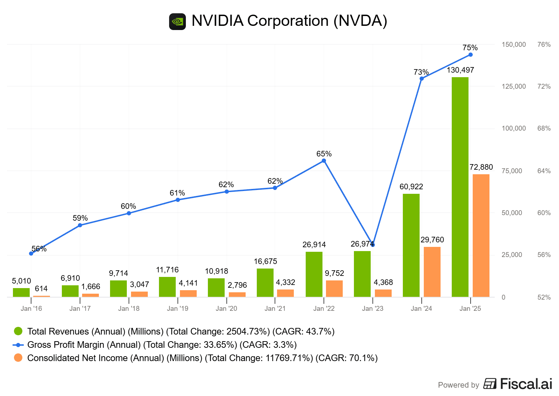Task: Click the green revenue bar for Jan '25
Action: pos(460,187)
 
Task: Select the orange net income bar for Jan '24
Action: pos(432,272)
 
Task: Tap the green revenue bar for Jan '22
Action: pos(314,274)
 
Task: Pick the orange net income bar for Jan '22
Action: pos(334,288)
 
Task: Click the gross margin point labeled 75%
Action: pos(470,55)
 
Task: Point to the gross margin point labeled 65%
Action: pos(324,161)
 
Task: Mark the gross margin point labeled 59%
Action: pos(80,225)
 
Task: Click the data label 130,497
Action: pos(460,70)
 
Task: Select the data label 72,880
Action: pos(481,167)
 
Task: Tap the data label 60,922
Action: pos(411,187)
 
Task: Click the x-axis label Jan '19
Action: pos(177,309)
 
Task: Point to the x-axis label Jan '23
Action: pos(372,309)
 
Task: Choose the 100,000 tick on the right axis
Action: pos(513,129)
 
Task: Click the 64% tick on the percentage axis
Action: pos(544,171)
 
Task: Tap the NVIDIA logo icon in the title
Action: pos(177,22)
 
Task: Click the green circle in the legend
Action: pos(18,331)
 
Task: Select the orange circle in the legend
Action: pos(18,358)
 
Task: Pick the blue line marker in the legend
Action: pos(18,345)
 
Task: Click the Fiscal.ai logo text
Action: pos(526,384)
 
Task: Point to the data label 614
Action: pos(41,289)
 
